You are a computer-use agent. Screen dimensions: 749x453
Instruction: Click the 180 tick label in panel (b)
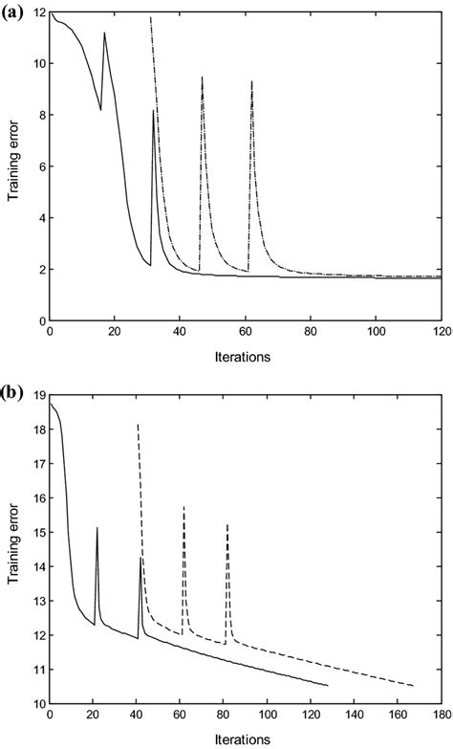(441, 713)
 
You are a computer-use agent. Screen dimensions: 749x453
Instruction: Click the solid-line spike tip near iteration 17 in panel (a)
(105, 33)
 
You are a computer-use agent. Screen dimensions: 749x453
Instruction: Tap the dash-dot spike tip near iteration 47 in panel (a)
(203, 77)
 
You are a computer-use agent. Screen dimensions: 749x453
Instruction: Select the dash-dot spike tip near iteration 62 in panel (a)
(251, 81)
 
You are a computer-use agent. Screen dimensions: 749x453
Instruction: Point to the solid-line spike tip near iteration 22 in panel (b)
(97, 528)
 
